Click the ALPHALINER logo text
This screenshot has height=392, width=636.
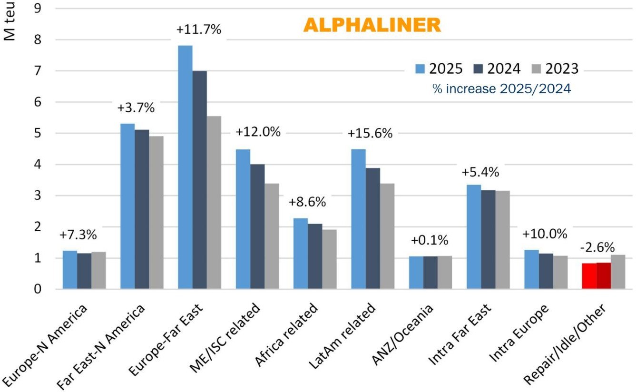click(372, 26)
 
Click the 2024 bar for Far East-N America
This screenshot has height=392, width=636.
click(142, 209)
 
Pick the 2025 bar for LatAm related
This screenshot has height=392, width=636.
click(358, 219)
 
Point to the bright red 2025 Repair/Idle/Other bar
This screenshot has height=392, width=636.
click(589, 276)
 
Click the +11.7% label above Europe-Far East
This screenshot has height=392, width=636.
click(199, 29)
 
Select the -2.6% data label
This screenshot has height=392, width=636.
click(597, 247)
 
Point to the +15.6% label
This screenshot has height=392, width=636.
click(370, 134)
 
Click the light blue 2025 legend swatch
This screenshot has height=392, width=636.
click(420, 69)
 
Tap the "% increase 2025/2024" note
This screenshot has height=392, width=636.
click(501, 88)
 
